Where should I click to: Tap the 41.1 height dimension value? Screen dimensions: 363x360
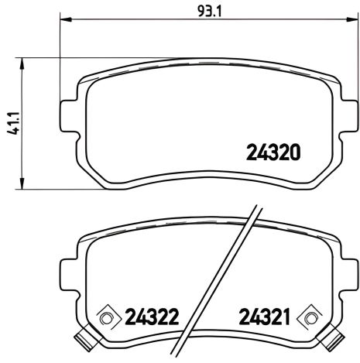coord(12,124)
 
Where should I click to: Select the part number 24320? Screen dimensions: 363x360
coord(273,152)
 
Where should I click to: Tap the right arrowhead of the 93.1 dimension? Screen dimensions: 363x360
coord(346,22)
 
